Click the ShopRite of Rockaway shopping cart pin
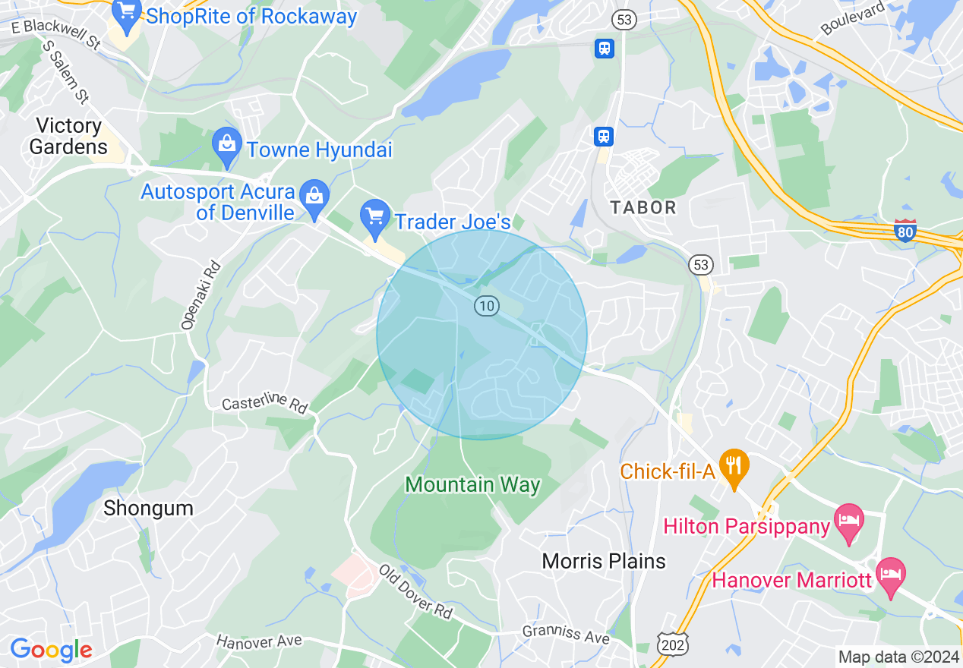[127, 15]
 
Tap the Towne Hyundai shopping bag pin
[226, 148]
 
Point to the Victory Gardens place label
[68, 136]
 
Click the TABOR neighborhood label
[643, 207]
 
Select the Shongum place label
[148, 508]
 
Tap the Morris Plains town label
[604, 561]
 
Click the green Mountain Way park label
[472, 484]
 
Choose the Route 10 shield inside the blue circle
[486, 306]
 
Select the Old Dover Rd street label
[415, 591]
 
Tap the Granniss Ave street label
[565, 634]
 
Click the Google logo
[51, 650]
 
